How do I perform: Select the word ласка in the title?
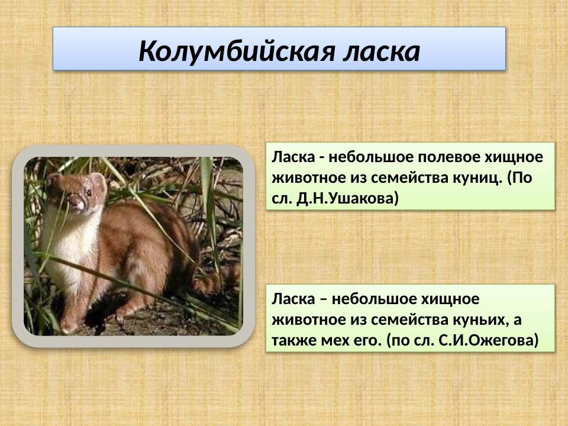tap(382, 51)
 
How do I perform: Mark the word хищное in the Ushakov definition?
tap(514, 158)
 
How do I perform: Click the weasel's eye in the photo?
tap(88, 192)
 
